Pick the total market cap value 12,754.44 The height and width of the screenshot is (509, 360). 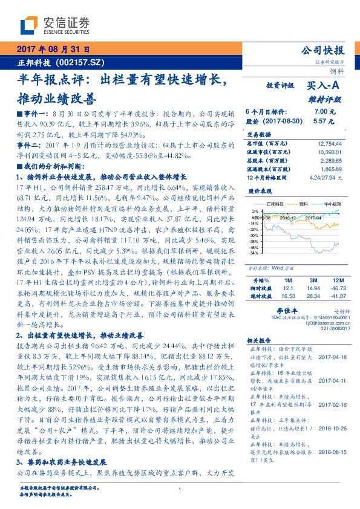[330, 143]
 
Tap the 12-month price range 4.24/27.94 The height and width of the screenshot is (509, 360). [326, 178]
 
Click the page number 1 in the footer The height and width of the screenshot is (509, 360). [180, 489]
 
